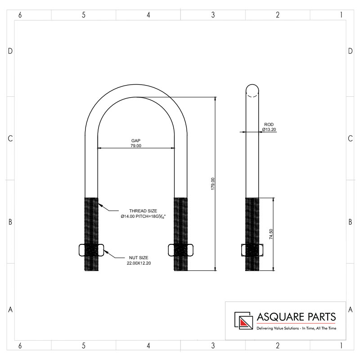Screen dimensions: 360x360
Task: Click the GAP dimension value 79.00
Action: point(136,145)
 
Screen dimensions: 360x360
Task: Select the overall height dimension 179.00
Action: point(213,184)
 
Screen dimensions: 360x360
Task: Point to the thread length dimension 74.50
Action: point(271,234)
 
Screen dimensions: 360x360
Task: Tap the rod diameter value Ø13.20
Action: point(269,130)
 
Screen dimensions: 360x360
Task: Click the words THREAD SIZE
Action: point(143,211)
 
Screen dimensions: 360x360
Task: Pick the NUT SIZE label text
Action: point(139,257)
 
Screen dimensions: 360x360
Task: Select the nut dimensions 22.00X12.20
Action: point(139,263)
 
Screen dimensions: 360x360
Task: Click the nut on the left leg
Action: point(91,250)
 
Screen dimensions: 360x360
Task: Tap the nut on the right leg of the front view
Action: point(181,250)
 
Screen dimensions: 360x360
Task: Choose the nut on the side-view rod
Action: point(252,250)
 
